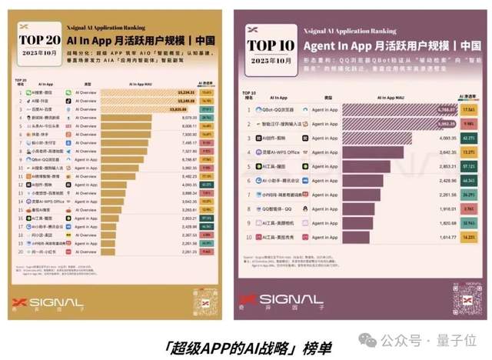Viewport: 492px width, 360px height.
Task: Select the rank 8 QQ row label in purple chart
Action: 278,209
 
